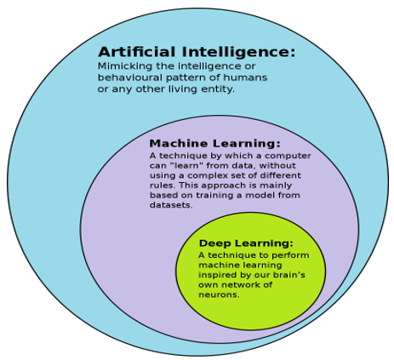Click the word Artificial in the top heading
pos(137,52)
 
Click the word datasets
pos(171,205)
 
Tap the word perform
pos(290,255)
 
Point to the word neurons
pos(219,294)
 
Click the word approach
pos(223,186)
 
